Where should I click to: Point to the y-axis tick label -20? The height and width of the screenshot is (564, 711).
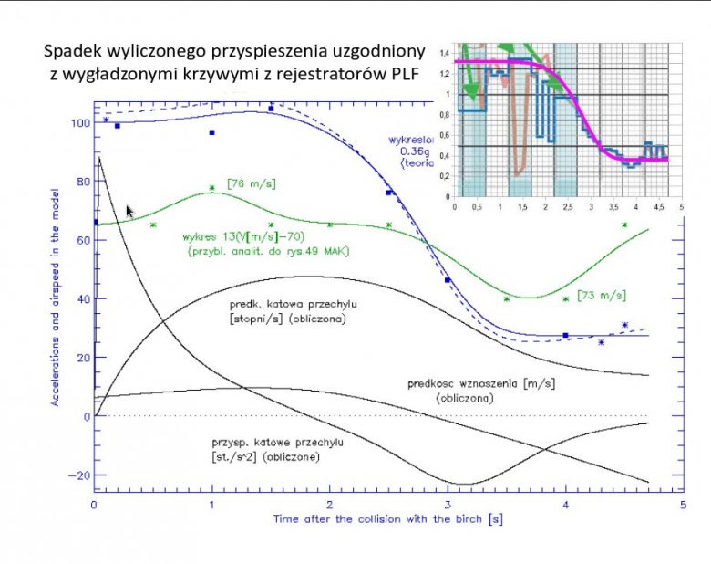pyautogui.click(x=79, y=475)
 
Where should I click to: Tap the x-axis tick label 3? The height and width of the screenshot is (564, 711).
pyautogui.click(x=448, y=504)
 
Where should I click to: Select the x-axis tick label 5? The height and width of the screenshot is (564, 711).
pyautogui.click(x=683, y=504)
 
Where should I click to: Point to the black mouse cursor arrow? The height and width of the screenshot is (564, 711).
pyautogui.click(x=130, y=211)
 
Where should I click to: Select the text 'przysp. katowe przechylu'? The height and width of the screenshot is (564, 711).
pyautogui.click(x=272, y=442)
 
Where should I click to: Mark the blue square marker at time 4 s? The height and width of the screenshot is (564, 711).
pyautogui.click(x=565, y=336)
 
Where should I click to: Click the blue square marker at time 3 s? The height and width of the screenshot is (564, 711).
pyautogui.click(x=448, y=280)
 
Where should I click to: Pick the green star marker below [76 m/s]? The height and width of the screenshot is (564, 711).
pyautogui.click(x=212, y=189)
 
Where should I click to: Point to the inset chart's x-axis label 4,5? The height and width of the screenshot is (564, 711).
pyautogui.click(x=660, y=207)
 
